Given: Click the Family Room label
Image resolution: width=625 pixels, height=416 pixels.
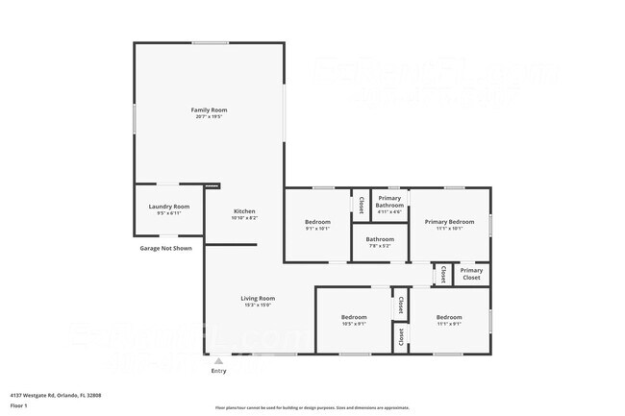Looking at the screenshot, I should pyautogui.click(x=209, y=110).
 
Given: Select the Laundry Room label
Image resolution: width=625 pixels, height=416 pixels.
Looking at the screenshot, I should pyautogui.click(x=168, y=207).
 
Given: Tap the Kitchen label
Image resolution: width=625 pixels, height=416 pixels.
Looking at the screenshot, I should pyautogui.click(x=244, y=211).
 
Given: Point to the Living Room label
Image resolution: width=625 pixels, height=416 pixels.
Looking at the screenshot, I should pyautogui.click(x=257, y=298).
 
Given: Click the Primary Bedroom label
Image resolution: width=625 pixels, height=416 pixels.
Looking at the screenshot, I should pyautogui.click(x=449, y=222).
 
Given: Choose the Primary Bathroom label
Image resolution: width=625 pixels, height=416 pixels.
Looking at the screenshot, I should pyautogui.click(x=389, y=202).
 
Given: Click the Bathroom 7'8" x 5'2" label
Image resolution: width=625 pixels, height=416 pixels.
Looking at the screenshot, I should pyautogui.click(x=380, y=239).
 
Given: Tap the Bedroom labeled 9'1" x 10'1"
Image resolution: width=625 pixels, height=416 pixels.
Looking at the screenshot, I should pyautogui.click(x=317, y=222).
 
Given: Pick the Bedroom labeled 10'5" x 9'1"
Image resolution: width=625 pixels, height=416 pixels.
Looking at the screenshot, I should pyautogui.click(x=354, y=317).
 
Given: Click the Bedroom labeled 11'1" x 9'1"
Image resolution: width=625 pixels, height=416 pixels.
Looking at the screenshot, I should pyautogui.click(x=449, y=317).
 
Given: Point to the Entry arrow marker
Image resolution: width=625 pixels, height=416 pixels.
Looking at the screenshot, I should pyautogui.click(x=218, y=361).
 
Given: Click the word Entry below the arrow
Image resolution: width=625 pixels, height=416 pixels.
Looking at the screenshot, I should pyautogui.click(x=218, y=371).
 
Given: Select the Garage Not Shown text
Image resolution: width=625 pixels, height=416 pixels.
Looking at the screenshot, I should pyautogui.click(x=165, y=249).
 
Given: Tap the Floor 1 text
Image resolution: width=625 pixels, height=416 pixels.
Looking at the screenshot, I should pyautogui.click(x=18, y=405).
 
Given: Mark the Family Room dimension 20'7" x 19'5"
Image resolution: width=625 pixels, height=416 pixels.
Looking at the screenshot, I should pyautogui.click(x=209, y=116).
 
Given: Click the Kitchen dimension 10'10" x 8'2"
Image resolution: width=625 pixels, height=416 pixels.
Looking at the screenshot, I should pyautogui.click(x=244, y=218).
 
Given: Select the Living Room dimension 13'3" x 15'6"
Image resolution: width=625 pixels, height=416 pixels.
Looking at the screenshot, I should pyautogui.click(x=257, y=305).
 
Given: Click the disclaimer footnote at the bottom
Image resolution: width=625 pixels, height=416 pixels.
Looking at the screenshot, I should pyautogui.click(x=312, y=408).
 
